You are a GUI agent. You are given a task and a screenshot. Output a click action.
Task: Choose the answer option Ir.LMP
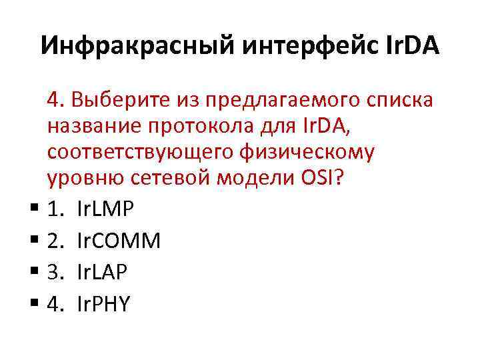tap(105, 209)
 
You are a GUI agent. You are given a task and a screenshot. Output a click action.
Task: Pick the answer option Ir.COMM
tap(119, 241)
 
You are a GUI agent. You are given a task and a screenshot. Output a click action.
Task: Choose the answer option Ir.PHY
tap(104, 303)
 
